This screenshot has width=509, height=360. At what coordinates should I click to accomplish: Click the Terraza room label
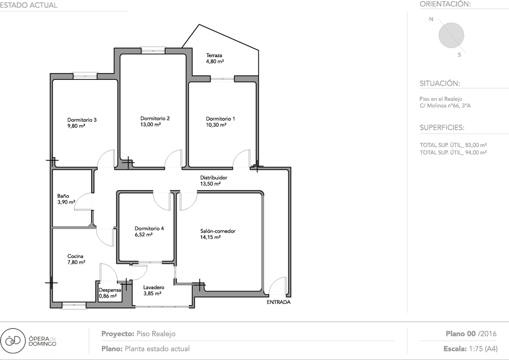[x=214, y=55]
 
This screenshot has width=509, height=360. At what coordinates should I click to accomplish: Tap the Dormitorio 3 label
[x=82, y=120]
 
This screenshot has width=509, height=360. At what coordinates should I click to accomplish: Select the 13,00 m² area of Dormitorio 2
[x=150, y=125]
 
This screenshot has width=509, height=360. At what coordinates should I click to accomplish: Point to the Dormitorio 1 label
[x=221, y=119]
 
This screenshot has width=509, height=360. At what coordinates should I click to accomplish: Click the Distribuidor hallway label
[x=214, y=178]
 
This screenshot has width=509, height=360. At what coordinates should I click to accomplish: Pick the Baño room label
[x=63, y=196]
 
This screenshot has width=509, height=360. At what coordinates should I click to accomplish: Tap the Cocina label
[x=75, y=256]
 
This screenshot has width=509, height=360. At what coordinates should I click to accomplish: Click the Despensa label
[x=110, y=290]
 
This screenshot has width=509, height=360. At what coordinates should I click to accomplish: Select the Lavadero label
[x=154, y=288]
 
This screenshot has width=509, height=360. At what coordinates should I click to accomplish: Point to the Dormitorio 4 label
[x=149, y=229]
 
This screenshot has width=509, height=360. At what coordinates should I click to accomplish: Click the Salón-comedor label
[x=218, y=232]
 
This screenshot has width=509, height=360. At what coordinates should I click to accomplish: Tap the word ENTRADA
[x=278, y=302]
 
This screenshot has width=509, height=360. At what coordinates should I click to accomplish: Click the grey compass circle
[x=451, y=36]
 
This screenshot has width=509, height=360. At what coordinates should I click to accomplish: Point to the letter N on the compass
[x=431, y=19]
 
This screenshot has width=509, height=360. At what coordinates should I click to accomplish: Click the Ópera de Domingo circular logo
[x=12, y=341]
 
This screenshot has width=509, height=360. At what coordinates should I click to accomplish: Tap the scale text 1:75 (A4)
[x=483, y=349]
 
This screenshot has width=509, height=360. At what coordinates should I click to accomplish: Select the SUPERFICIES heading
[x=442, y=127]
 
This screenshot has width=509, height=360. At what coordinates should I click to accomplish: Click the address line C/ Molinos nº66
[x=445, y=106]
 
